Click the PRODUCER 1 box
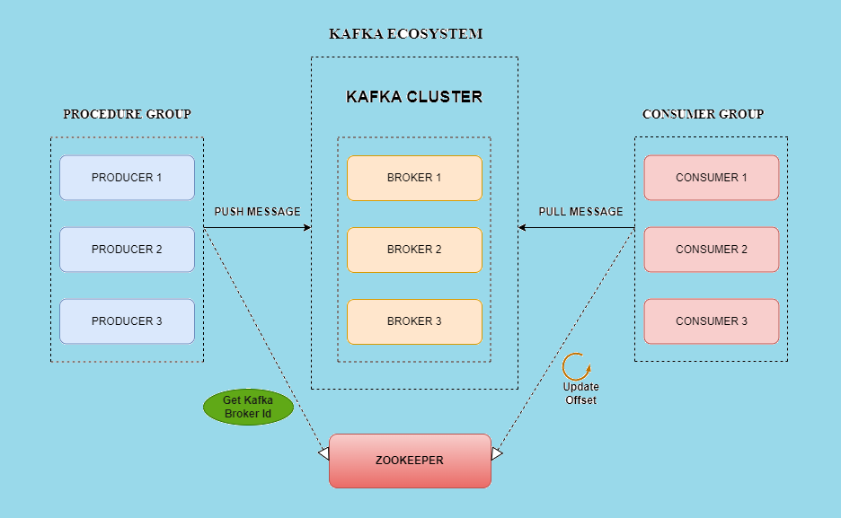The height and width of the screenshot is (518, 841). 127,178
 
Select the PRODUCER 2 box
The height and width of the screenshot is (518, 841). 127,250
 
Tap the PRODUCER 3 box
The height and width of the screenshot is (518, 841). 127,321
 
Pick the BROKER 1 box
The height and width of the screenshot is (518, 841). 414,178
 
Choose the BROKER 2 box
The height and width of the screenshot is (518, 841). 414,250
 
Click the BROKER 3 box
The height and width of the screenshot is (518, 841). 414,321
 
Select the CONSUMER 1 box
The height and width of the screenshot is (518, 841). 711,178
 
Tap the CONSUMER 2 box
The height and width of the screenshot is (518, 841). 711,250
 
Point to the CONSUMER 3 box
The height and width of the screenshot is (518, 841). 711,321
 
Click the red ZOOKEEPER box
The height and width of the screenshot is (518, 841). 410,461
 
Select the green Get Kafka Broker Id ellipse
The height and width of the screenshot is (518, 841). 248,407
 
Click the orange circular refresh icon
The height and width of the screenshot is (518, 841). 576,366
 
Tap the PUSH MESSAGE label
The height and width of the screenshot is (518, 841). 257,212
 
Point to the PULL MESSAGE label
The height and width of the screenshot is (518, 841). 580,212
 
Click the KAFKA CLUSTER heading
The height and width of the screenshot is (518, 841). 414,97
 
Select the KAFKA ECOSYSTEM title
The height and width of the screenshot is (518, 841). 406,34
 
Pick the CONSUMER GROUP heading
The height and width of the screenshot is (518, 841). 704,114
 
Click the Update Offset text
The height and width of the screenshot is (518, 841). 580,393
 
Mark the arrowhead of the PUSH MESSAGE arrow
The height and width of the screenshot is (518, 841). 307,228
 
